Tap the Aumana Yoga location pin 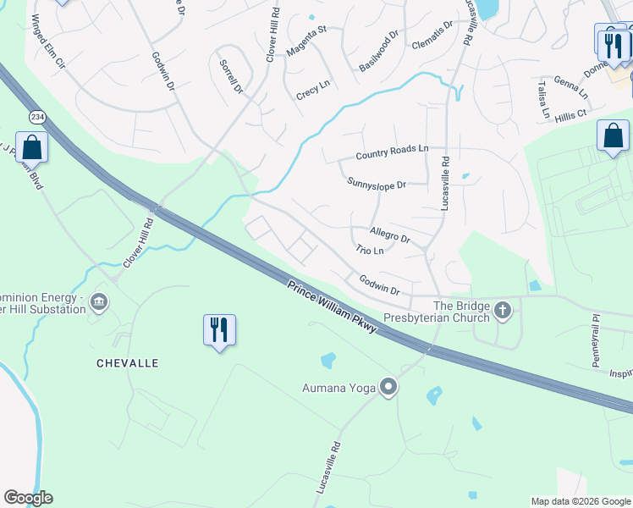pos(388,388)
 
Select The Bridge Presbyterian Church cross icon pos(504,310)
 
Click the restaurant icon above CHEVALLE pos(219,329)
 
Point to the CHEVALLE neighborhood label pos(128,362)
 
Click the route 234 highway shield pos(37,116)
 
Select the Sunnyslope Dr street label pos(377,184)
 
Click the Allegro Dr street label pos(390,235)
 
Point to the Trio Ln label pos(370,251)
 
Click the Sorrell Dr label pos(231,76)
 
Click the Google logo pos(28,498)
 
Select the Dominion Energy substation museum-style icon pos(99,302)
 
